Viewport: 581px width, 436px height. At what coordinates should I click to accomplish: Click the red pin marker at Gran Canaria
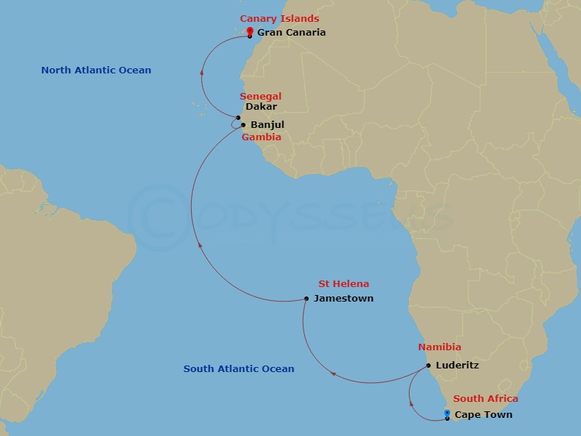(x=250, y=31)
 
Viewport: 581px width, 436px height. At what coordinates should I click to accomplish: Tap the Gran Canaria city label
(x=291, y=32)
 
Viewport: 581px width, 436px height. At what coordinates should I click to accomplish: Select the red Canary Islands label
(x=280, y=18)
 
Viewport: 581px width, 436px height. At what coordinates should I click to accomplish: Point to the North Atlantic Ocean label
(x=96, y=70)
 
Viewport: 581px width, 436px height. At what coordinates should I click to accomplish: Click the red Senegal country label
(x=261, y=96)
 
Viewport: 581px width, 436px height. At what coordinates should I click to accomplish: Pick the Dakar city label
(x=261, y=106)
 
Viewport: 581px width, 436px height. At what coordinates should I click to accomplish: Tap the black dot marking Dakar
(x=238, y=117)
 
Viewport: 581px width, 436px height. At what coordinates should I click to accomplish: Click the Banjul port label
(x=267, y=124)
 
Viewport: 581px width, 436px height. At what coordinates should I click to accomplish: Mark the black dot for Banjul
(x=243, y=124)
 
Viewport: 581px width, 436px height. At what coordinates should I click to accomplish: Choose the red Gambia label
(x=261, y=137)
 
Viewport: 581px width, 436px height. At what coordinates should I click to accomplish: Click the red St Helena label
(x=344, y=283)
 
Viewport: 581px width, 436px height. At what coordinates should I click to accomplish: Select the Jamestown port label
(x=343, y=298)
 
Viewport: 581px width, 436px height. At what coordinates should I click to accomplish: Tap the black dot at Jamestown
(x=306, y=298)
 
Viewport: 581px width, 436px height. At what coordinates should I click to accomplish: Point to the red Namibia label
(x=439, y=347)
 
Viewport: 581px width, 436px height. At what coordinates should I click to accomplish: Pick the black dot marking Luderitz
(x=428, y=365)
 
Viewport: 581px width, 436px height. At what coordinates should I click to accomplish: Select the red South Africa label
(x=486, y=398)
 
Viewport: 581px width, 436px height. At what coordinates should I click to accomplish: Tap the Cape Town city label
(x=483, y=414)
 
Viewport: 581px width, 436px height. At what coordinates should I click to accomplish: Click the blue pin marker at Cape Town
(x=447, y=414)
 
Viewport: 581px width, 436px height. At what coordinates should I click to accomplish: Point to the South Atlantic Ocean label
(x=239, y=368)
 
